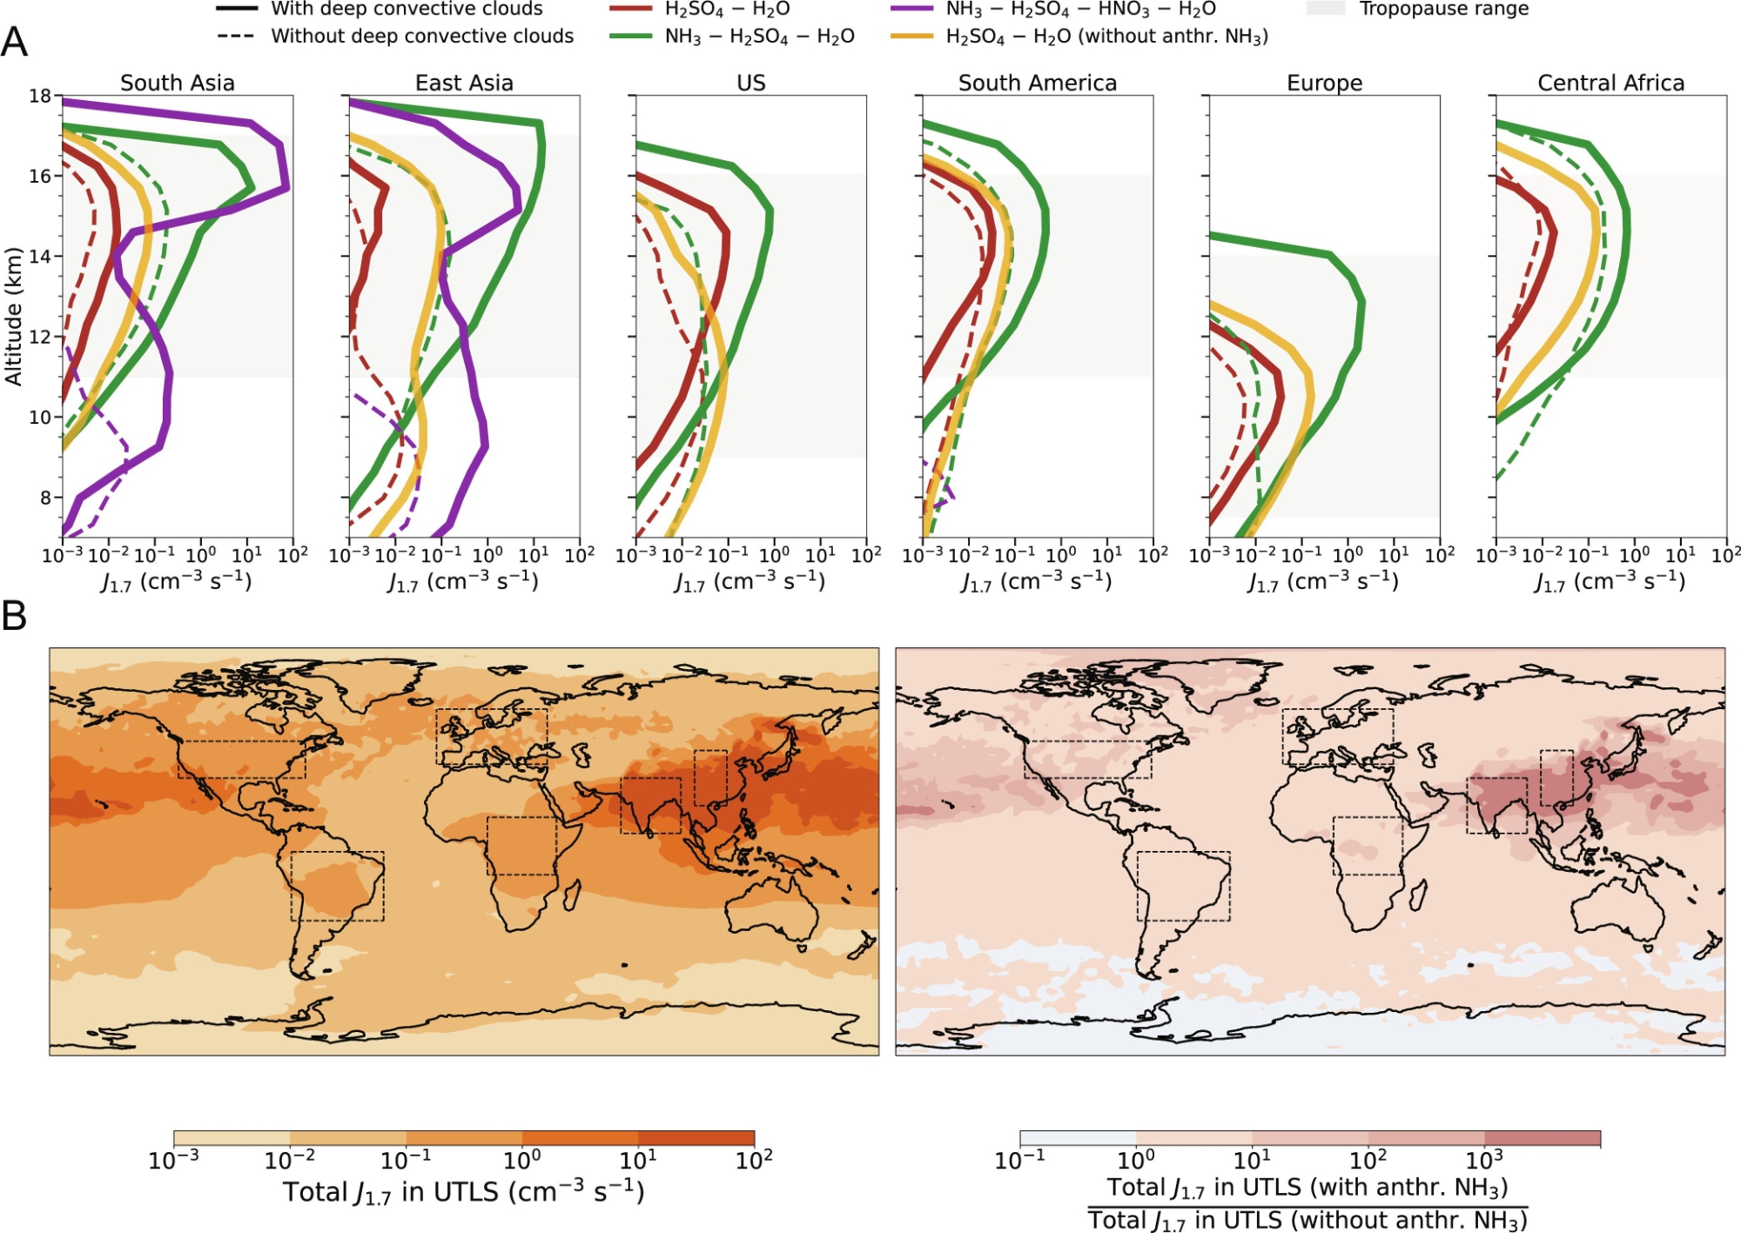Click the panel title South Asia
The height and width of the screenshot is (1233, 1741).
(x=177, y=83)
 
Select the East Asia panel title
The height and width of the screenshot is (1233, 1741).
(x=464, y=83)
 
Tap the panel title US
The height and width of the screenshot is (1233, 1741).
(x=750, y=83)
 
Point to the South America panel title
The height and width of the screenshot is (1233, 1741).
(x=1037, y=83)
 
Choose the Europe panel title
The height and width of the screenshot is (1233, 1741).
(x=1324, y=83)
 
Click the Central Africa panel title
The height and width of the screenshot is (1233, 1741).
(x=1610, y=83)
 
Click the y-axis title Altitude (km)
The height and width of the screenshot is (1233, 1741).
(x=14, y=317)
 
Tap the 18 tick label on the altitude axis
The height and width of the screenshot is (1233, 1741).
(x=40, y=96)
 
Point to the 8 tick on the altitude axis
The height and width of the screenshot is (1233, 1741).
(x=45, y=498)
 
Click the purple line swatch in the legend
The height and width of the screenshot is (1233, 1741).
(x=912, y=10)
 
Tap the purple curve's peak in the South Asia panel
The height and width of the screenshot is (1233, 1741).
(x=286, y=186)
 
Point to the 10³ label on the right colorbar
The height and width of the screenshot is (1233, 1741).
(x=1484, y=1160)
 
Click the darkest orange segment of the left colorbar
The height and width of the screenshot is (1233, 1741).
(x=696, y=1138)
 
